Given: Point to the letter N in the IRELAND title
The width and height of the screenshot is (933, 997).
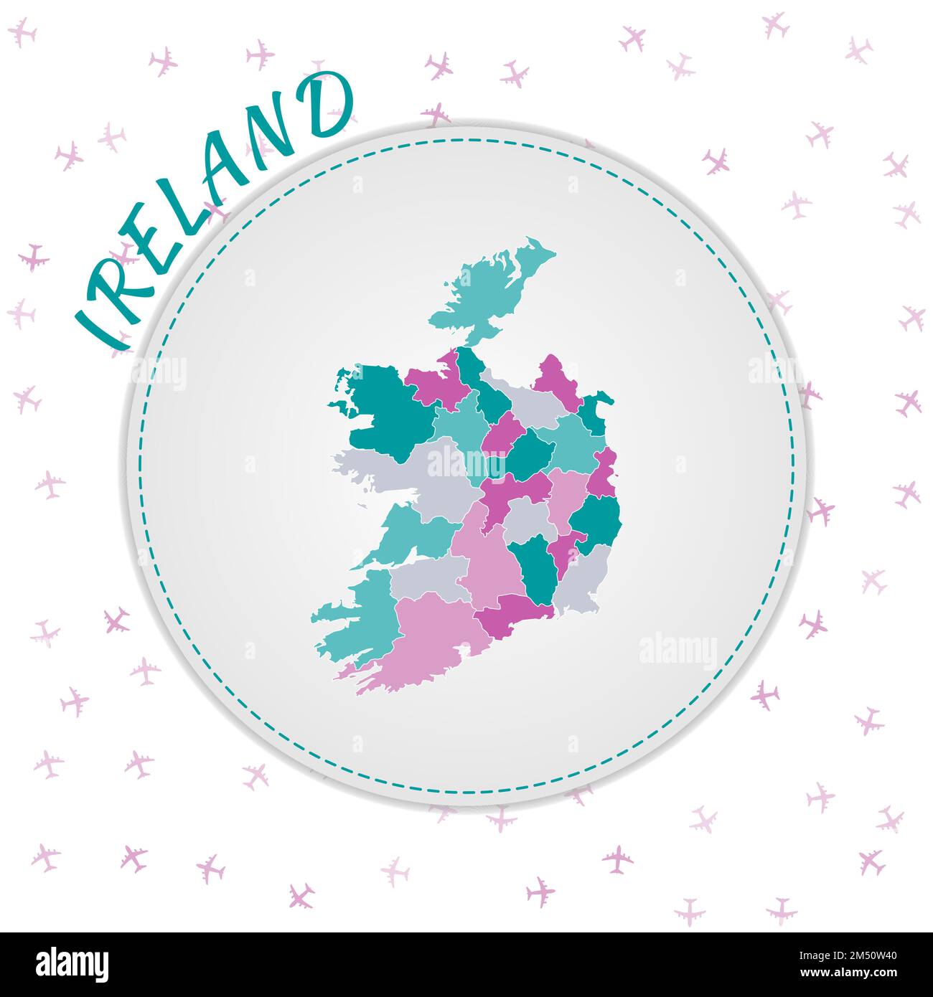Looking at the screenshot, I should (276, 133).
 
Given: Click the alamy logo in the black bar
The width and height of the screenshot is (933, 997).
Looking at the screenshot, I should (72, 965).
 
